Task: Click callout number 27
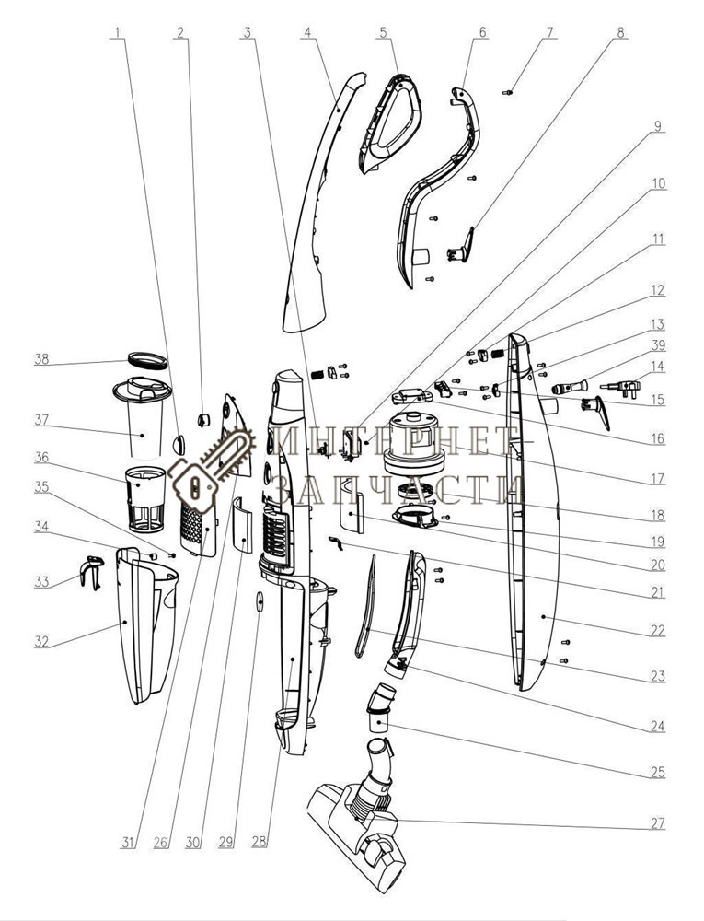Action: (657, 823)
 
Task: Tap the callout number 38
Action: (41, 359)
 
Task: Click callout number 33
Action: (41, 581)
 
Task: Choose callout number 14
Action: (657, 366)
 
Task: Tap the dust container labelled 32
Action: (143, 626)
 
